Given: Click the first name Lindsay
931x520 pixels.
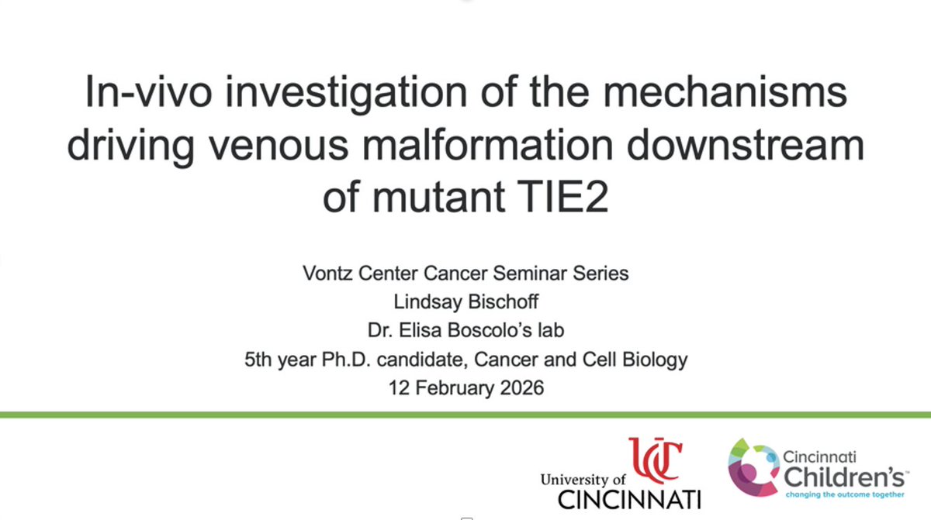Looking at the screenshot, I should coord(427,301).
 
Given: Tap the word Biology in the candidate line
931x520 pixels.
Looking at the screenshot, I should coord(653,359).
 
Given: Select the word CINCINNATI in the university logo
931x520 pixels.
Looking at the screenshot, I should coord(629,499).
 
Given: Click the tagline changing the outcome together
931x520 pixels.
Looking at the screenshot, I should coord(844,494).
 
